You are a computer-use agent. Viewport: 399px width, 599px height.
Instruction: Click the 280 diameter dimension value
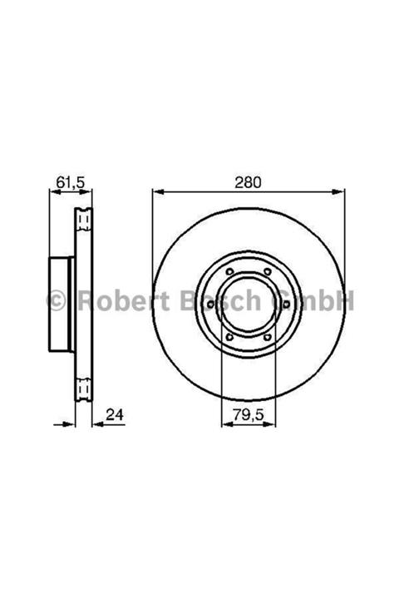(x=249, y=182)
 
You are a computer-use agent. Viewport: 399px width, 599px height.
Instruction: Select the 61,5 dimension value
(x=71, y=182)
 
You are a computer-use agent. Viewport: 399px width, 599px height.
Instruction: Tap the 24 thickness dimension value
(x=115, y=414)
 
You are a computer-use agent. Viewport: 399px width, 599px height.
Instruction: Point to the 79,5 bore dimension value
(x=249, y=414)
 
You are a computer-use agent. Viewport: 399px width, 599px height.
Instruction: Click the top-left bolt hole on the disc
(x=229, y=271)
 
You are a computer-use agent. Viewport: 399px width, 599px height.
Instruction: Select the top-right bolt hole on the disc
(x=268, y=271)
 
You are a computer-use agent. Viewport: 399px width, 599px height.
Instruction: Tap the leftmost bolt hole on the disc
(x=210, y=304)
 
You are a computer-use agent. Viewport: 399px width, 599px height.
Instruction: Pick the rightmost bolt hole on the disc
(x=287, y=304)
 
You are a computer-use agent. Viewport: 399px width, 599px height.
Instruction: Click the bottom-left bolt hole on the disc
(x=229, y=337)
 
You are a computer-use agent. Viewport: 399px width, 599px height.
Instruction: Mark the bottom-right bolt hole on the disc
(x=268, y=337)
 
